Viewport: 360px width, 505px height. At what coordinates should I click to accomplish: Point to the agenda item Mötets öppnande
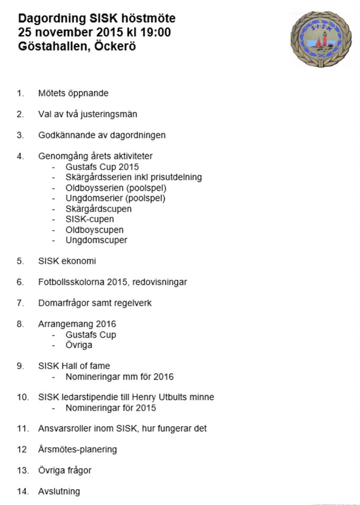click(x=73, y=93)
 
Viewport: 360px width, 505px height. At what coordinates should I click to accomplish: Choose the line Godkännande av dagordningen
click(x=101, y=135)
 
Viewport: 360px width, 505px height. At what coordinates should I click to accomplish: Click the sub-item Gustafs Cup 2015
click(x=102, y=167)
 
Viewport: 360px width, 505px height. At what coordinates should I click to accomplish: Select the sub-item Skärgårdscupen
click(x=99, y=209)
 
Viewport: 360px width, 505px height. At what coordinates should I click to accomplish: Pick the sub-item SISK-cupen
click(x=89, y=219)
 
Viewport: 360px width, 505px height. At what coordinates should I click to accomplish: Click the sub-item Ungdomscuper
click(x=96, y=240)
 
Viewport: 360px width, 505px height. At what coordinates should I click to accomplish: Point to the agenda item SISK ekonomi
click(x=67, y=261)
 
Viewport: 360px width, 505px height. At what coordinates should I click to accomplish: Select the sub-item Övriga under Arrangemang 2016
click(x=79, y=345)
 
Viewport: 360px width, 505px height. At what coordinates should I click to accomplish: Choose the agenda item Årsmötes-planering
click(x=77, y=450)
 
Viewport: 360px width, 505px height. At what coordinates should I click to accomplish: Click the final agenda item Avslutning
click(x=59, y=491)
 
